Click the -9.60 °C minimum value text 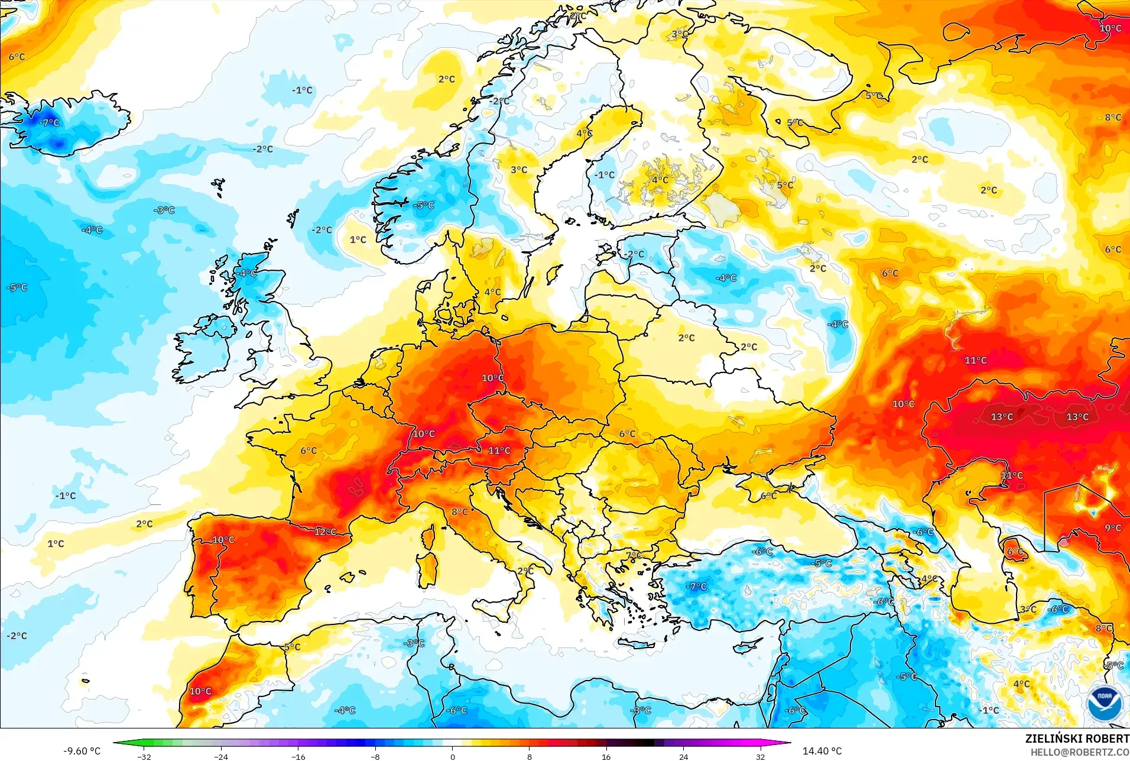tap(82, 751)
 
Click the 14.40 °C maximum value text tap(821, 751)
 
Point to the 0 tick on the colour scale tap(452, 756)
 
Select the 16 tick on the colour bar tap(606, 756)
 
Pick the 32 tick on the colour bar tap(760, 756)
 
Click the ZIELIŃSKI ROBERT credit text tap(1077, 739)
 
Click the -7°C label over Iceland tap(50, 123)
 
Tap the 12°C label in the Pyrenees tap(325, 532)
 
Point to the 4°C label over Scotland tap(248, 273)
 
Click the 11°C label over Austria tap(499, 451)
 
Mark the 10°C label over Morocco tap(200, 691)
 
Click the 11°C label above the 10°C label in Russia tap(975, 360)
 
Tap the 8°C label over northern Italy tap(459, 512)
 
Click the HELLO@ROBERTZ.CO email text tap(1080, 752)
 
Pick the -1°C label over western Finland tap(605, 175)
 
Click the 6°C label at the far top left tap(17, 57)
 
